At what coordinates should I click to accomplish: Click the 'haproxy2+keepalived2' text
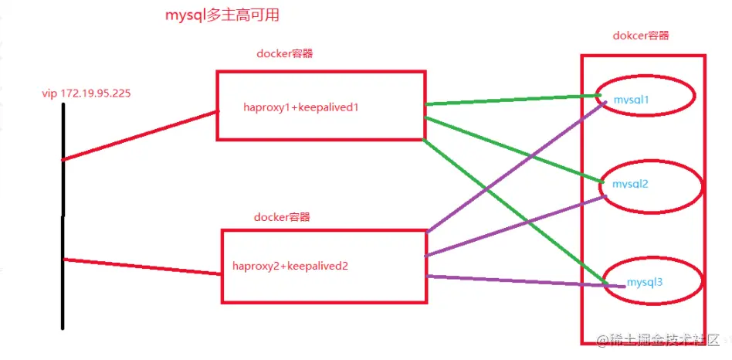[290, 267]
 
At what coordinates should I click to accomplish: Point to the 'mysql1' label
[631, 100]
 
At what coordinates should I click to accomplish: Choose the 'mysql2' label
[630, 185]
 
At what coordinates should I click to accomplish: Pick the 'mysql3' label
[644, 281]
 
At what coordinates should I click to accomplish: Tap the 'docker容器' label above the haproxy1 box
[284, 54]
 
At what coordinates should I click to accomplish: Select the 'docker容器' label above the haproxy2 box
[282, 217]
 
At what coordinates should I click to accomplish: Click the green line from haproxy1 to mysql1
[510, 100]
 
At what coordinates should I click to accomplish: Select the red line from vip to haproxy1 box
[139, 136]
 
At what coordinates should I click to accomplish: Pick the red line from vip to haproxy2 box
[139, 266]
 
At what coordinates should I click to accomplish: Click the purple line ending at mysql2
[513, 227]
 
